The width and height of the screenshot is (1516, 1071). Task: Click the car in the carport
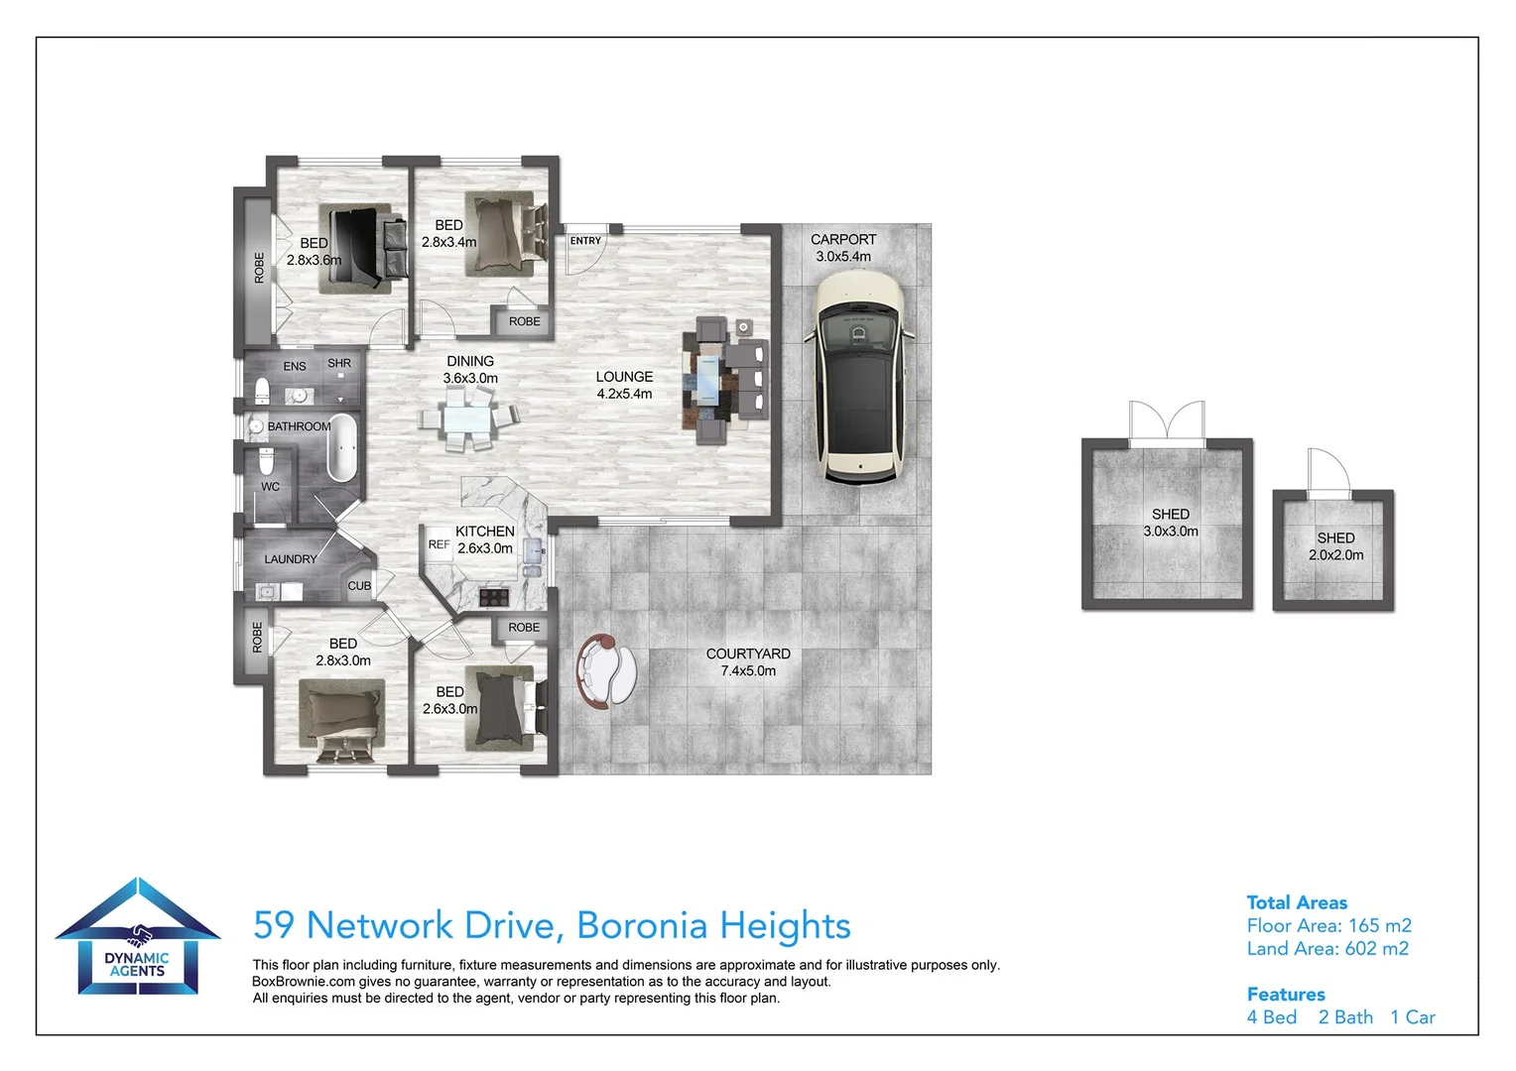pos(859,377)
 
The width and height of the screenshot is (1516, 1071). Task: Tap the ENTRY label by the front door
pos(585,241)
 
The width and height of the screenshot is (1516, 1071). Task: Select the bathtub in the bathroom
pos(342,447)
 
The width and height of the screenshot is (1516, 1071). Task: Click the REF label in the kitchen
pos(440,544)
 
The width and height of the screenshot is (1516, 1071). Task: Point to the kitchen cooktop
pos(494,597)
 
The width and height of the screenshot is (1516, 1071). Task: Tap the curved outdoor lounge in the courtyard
pos(606,671)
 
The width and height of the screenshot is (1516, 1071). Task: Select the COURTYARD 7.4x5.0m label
pos(748,662)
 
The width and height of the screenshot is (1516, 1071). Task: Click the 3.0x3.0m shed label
pos(1171,523)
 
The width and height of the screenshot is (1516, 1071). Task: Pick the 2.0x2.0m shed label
pos(1336,546)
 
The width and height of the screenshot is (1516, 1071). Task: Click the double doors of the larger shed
pos(1167,422)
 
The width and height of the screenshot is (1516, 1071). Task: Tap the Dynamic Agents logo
pos(137,936)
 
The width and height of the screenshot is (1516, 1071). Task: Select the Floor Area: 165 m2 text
pos(1329,925)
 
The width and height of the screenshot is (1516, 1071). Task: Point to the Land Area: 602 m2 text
pos(1327,949)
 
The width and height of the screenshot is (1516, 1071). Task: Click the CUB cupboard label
pos(359,586)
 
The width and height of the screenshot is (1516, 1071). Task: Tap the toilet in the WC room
pos(267,461)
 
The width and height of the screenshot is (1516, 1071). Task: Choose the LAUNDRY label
pos(291,559)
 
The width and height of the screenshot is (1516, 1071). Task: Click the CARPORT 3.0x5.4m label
pos(843,248)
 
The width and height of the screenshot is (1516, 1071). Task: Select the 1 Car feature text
pos(1413,1017)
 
